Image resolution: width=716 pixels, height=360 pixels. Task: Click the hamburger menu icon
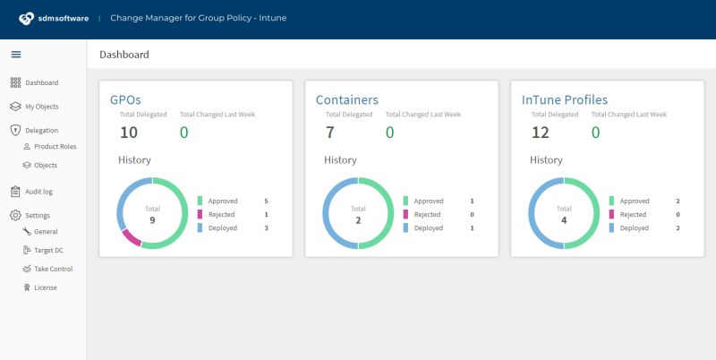point(15,55)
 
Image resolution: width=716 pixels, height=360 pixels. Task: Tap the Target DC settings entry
point(48,250)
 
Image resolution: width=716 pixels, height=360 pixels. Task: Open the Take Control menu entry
point(52,269)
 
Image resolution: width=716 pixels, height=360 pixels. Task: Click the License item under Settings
point(44,287)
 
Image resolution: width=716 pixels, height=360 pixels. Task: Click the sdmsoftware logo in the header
point(54,18)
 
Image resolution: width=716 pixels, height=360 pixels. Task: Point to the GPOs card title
point(125,99)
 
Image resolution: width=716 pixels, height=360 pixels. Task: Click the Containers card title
point(347,99)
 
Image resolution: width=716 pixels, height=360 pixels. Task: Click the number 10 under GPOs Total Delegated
point(129,133)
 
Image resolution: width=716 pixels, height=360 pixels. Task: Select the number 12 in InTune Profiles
point(541,133)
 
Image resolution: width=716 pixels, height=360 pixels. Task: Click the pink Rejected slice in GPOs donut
point(131,237)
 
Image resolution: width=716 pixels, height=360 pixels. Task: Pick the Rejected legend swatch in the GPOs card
point(200,215)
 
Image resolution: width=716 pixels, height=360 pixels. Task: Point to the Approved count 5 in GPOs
point(267,201)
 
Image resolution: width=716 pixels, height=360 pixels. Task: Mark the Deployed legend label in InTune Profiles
point(635,228)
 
